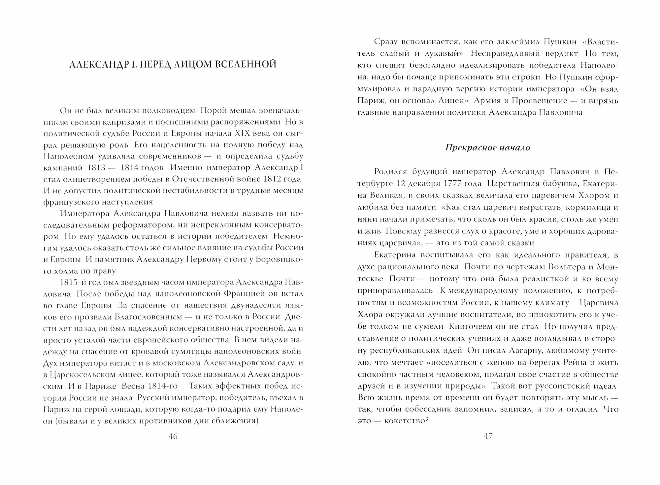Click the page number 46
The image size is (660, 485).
tap(173, 436)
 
